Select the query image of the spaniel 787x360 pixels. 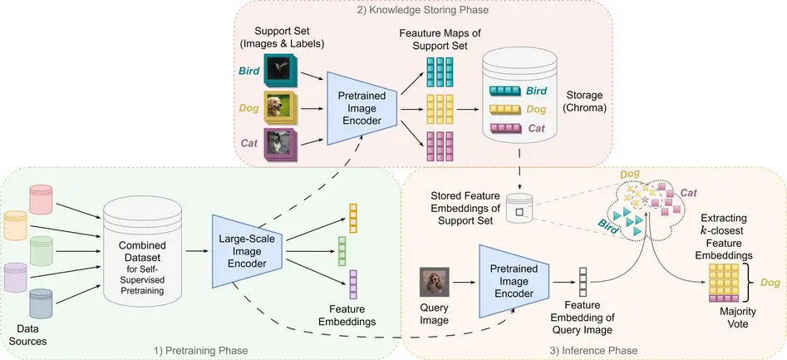click(434, 282)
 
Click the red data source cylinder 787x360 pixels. click(42, 199)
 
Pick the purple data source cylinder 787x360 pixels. click(16, 277)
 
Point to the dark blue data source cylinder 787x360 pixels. click(42, 303)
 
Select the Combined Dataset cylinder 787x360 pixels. click(141, 250)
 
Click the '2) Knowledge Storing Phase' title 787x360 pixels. click(423, 9)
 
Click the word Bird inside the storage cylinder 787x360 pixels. click(535, 91)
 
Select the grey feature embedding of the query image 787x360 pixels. click(583, 282)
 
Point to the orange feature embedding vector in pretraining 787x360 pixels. click(352, 218)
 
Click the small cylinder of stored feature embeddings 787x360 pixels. click(519, 209)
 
